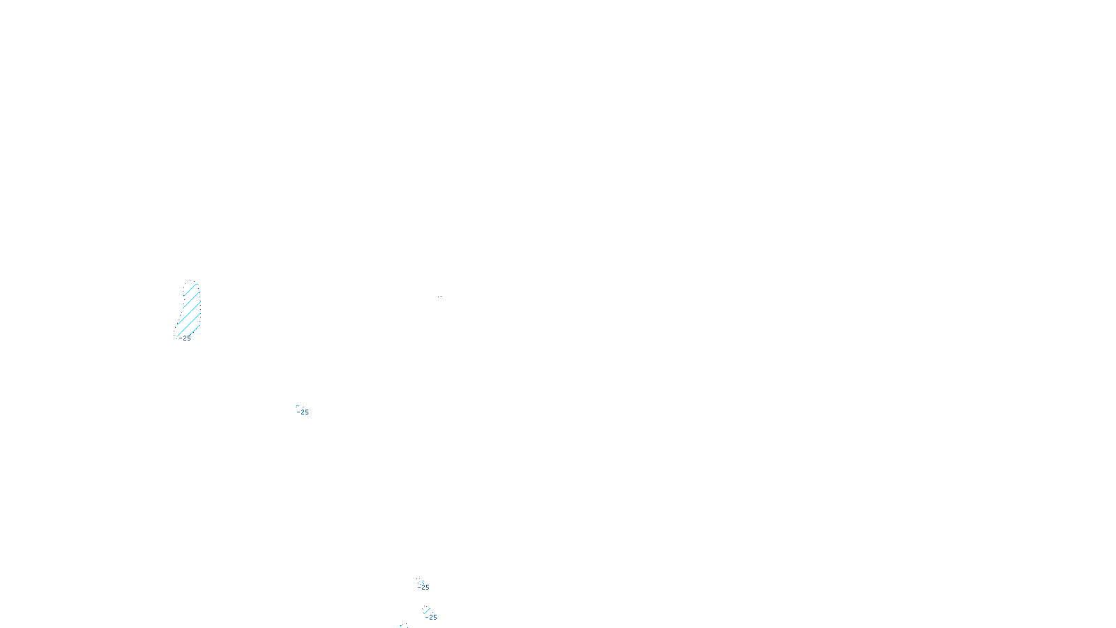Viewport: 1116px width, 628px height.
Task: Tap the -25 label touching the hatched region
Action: tap(185, 338)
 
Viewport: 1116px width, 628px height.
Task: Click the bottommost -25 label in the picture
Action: tap(431, 618)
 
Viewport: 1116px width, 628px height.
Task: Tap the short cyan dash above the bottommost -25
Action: tap(427, 611)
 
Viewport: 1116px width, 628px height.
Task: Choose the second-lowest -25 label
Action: tap(423, 588)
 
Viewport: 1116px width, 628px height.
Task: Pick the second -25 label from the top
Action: tap(303, 412)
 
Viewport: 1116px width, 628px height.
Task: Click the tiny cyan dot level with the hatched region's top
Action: tap(439, 297)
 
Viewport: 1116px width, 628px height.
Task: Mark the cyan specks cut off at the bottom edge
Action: tap(402, 625)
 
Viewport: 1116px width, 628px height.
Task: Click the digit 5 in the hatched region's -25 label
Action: tap(188, 338)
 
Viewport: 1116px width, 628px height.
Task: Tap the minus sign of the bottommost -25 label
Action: tap(426, 618)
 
